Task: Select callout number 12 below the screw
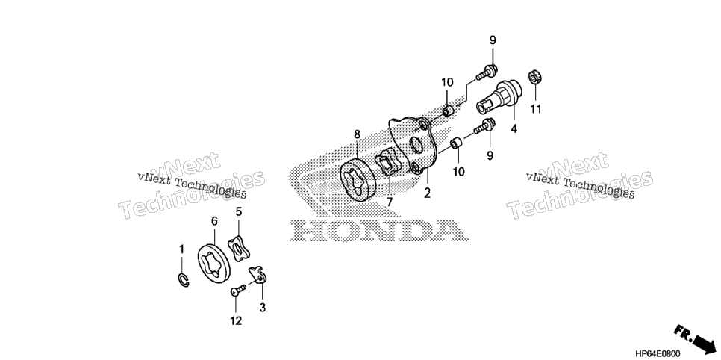point(235,321)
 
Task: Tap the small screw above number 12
point(238,290)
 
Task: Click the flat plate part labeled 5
point(240,248)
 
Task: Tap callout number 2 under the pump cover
point(427,193)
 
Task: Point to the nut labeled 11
point(534,77)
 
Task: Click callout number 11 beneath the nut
point(536,109)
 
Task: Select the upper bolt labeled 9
point(485,73)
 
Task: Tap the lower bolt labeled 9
point(484,125)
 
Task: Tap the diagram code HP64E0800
point(657,353)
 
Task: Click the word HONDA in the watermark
point(378,230)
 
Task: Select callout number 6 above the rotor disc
point(214,222)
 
